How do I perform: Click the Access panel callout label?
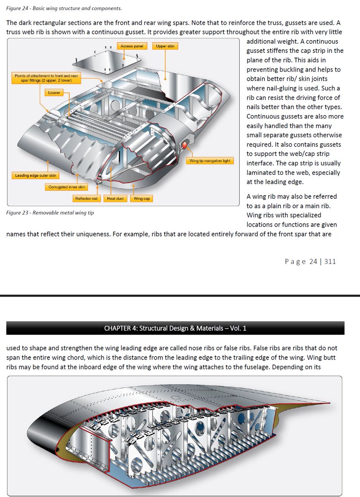click(132, 46)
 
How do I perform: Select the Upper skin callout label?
click(165, 46)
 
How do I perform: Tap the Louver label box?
click(54, 93)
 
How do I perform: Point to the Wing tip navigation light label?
click(210, 161)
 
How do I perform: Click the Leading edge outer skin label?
click(36, 176)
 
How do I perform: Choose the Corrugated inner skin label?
click(67, 187)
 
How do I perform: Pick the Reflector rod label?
click(86, 199)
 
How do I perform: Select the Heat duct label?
click(115, 199)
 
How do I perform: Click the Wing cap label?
click(142, 199)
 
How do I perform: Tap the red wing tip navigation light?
click(184, 146)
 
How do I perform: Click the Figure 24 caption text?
click(64, 8)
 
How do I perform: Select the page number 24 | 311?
click(310, 261)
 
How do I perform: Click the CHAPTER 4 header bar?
click(175, 328)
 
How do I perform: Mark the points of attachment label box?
click(46, 78)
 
